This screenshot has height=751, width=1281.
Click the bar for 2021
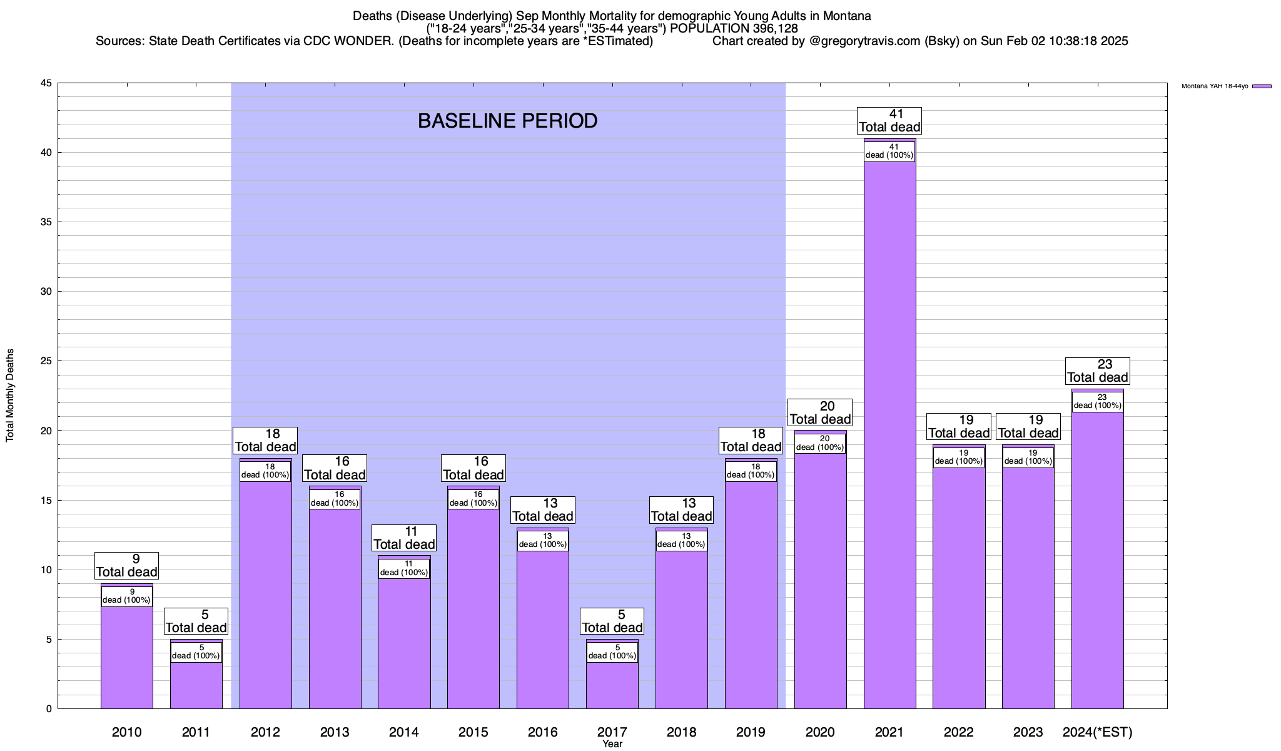[889, 438]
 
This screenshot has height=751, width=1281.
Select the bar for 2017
[612, 686]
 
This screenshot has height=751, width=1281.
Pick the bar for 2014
[404, 645]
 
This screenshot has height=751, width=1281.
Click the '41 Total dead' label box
[889, 121]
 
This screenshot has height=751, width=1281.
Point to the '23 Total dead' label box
[1097, 371]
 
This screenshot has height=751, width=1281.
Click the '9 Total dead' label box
[126, 566]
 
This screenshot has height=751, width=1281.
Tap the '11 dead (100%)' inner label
[404, 568]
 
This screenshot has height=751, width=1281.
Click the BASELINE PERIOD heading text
[507, 121]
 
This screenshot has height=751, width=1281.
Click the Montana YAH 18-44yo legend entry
[1226, 86]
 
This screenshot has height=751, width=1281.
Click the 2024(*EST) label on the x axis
[1097, 732]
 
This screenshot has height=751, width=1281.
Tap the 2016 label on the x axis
[542, 732]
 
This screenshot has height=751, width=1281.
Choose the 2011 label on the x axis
[196, 732]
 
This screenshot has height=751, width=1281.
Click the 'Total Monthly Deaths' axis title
[10, 396]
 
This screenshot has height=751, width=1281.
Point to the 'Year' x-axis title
[612, 744]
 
